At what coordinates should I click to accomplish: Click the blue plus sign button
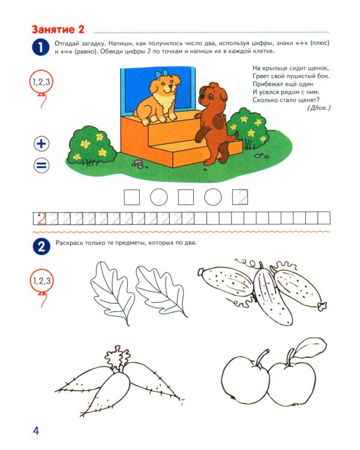coord(41,143)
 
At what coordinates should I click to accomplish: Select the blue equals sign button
coord(41,165)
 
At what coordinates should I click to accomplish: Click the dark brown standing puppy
coord(215,120)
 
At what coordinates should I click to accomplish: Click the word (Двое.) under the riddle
coord(319,108)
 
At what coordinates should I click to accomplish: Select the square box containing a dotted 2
coord(241,196)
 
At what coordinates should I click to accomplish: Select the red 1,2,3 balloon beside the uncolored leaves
coord(41,280)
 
